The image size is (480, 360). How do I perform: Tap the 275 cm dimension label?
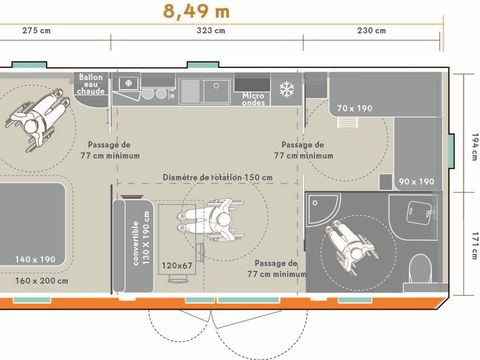pyautogui.click(x=37, y=31)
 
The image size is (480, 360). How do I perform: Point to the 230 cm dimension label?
pyautogui.click(x=371, y=31)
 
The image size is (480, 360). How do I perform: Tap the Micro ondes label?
pyautogui.click(x=253, y=98)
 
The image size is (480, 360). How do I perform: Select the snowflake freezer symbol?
pyautogui.click(x=287, y=88)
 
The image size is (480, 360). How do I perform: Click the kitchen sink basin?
pyautogui.click(x=218, y=90)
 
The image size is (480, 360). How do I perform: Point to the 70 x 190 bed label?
pyautogui.click(x=354, y=107)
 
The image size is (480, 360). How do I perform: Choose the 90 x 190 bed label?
pyautogui.click(x=416, y=181)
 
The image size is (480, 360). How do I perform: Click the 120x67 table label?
pyautogui.click(x=177, y=265)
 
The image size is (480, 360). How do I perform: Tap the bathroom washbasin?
pyautogui.click(x=421, y=209)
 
